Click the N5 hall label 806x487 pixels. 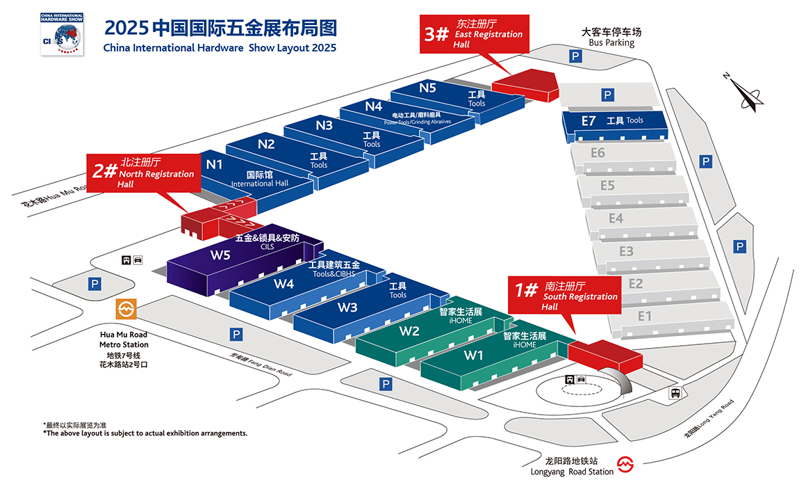coord(427,88)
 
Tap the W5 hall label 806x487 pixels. coord(220,254)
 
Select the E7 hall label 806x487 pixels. coord(589,120)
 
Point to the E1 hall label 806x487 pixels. coord(645,317)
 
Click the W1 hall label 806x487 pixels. coord(474,356)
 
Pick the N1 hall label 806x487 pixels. coord(214,164)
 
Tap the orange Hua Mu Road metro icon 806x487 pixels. coord(126,309)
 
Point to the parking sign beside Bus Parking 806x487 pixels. coord(575,56)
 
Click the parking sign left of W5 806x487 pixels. coord(94,283)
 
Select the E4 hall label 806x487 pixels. coord(616,218)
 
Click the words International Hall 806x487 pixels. coord(259,184)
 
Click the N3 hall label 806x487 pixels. coord(324,125)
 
